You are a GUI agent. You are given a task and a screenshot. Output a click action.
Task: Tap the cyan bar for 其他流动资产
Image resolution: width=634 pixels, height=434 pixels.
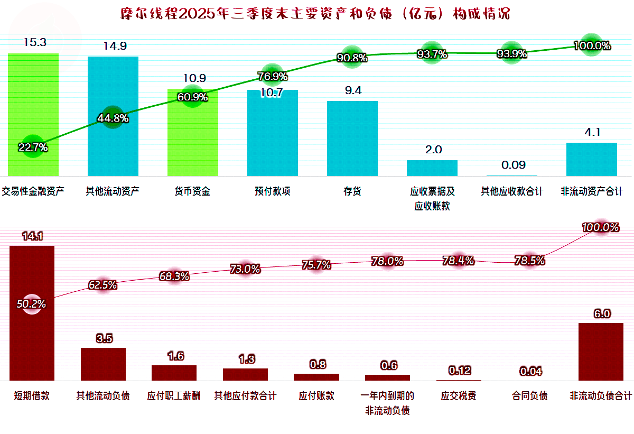coord(113,116)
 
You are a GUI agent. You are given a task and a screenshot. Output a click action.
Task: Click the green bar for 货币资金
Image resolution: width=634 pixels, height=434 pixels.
coord(193,132)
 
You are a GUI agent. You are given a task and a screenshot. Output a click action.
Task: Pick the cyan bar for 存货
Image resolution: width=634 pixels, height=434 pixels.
coord(352,138)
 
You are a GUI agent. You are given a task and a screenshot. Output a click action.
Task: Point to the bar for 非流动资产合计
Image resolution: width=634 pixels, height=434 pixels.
coord(592,159)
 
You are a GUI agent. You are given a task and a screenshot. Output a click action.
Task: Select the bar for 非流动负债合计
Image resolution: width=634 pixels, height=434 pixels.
coord(601,352)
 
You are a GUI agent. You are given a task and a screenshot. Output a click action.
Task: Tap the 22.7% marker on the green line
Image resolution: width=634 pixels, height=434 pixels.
coord(33,147)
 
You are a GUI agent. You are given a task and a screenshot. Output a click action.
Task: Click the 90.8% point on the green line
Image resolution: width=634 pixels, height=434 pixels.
coord(352,58)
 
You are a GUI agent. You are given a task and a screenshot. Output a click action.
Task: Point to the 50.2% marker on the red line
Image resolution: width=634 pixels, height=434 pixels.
coord(31,304)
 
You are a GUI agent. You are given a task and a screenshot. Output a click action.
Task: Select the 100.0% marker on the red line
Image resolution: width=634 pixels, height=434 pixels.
coord(600,228)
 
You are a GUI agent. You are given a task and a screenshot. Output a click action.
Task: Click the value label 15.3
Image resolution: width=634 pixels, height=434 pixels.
coord(35,42)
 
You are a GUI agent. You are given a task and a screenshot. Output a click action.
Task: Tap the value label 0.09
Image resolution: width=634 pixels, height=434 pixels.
coord(513,165)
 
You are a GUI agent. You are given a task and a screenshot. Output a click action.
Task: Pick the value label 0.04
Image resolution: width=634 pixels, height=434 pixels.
coord(530,372)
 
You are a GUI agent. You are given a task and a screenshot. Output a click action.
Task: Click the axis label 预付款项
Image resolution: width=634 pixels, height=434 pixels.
coord(273,191)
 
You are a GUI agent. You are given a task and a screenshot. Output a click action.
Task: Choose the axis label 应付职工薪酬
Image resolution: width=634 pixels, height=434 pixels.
coord(174,396)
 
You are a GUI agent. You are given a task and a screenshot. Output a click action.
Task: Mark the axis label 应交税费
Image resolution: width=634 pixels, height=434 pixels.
coord(459,396)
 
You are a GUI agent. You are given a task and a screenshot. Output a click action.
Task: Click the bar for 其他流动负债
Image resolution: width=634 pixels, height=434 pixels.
coord(104,364)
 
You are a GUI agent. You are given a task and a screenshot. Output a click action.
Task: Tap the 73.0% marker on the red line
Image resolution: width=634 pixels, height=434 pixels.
coord(245,269)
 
